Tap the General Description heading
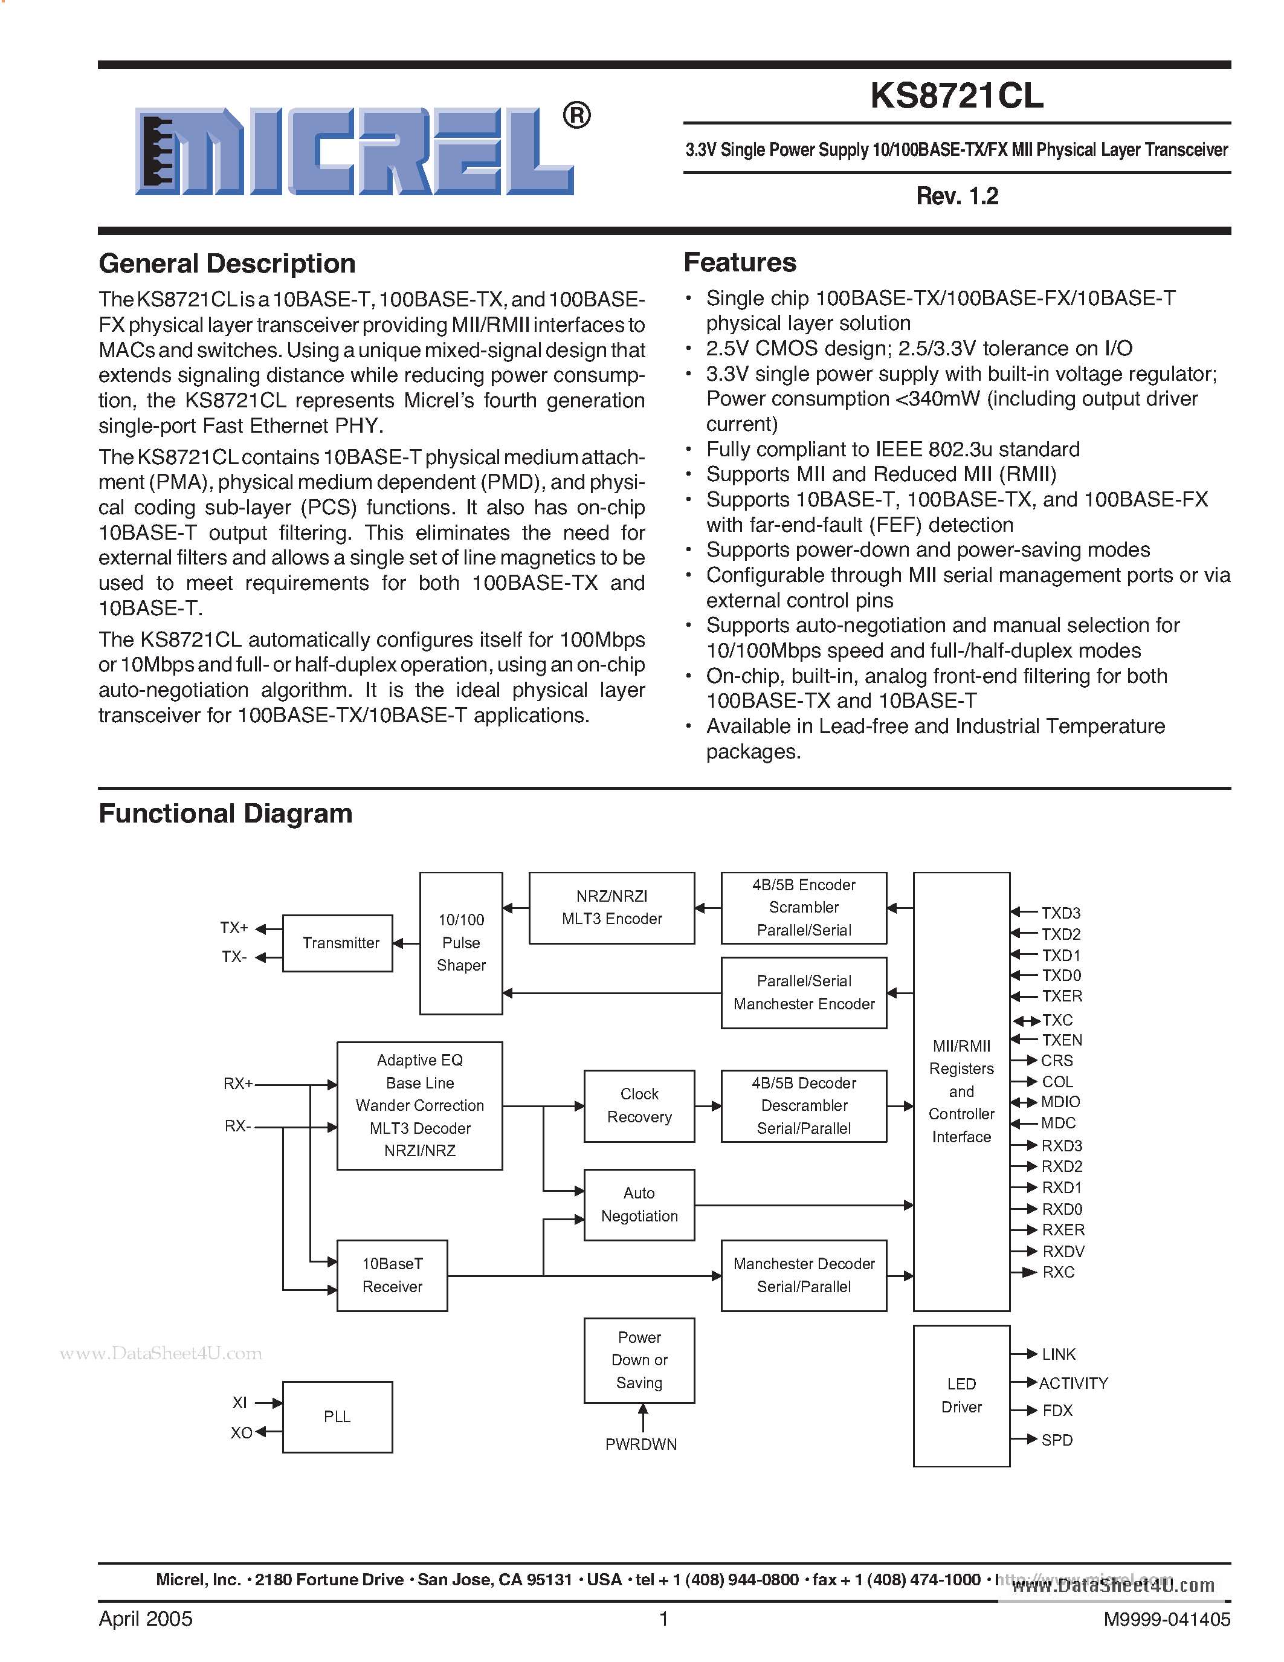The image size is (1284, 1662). tap(227, 264)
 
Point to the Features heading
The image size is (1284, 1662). tap(740, 262)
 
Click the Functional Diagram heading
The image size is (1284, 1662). tap(225, 813)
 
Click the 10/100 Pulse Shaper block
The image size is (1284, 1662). tap(460, 943)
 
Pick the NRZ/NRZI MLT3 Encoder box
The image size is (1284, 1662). tap(611, 908)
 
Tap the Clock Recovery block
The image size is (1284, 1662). tap(639, 1106)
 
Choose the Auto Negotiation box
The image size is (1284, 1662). tap(639, 1204)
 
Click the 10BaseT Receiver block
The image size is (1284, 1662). tap(392, 1275)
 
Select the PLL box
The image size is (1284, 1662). tap(337, 1417)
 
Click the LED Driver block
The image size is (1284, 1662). tap(961, 1395)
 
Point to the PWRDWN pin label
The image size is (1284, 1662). tap(640, 1444)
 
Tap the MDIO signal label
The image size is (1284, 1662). tap(1060, 1102)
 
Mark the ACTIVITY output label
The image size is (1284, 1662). tap(1073, 1383)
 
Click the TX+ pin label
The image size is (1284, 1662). tap(233, 928)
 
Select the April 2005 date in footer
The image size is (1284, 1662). tap(145, 1618)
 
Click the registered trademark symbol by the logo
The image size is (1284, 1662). tap(576, 115)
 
